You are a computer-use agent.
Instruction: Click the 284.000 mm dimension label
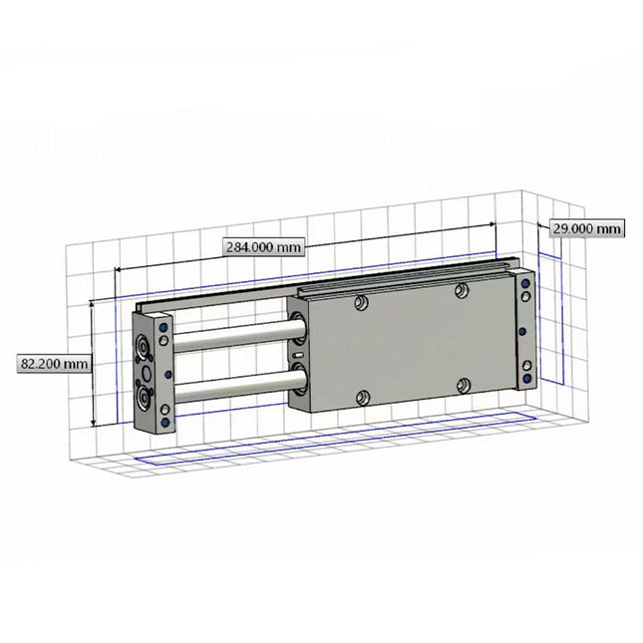262,246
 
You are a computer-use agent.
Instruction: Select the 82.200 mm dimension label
53,364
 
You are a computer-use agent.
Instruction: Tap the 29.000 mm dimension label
587,228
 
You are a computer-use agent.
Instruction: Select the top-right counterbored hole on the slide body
461,290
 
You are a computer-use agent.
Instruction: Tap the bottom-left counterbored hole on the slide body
362,398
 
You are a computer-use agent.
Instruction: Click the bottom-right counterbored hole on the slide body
462,383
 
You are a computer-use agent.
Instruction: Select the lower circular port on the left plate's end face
146,400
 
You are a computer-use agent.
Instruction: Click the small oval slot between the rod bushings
297,355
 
